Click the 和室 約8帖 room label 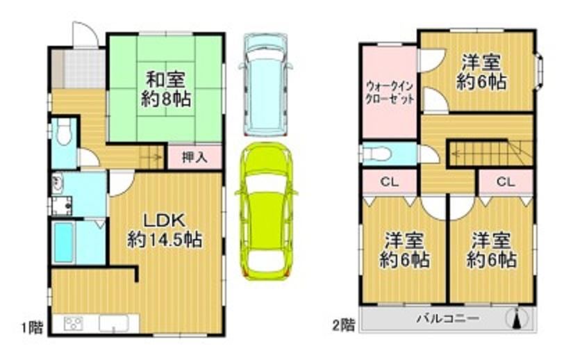pyautogui.click(x=166, y=89)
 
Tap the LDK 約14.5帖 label pyautogui.click(x=165, y=231)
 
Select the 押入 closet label pyautogui.click(x=194, y=158)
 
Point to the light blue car pyautogui.click(x=266, y=85)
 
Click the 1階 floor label pyautogui.click(x=31, y=327)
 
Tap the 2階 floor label pyautogui.click(x=343, y=325)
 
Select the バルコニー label pyautogui.click(x=447, y=319)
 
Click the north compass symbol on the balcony pyautogui.click(x=517, y=318)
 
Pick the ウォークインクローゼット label pyautogui.click(x=390, y=93)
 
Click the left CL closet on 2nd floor pyautogui.click(x=390, y=181)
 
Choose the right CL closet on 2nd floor pyautogui.click(x=506, y=181)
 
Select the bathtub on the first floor pyautogui.click(x=63, y=242)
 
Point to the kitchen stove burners pyautogui.click(x=74, y=324)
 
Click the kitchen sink pyautogui.click(x=114, y=324)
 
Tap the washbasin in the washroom pyautogui.click(x=58, y=183)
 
